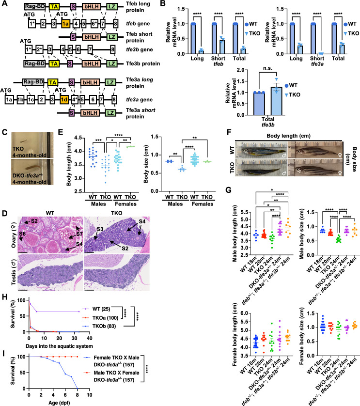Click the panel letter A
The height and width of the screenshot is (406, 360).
click(x=4, y=4)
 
